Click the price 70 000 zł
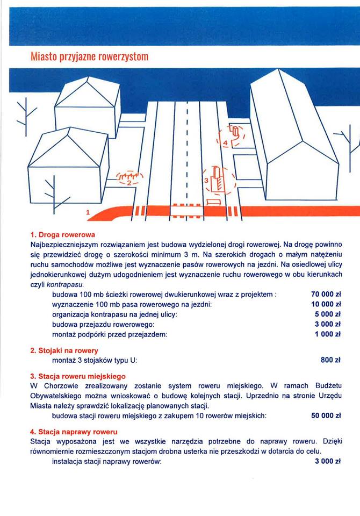326,294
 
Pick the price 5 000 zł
328,314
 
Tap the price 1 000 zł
328,334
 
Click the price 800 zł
331,360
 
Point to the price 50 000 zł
326,415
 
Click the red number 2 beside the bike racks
129,183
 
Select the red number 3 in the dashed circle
206,180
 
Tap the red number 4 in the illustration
226,142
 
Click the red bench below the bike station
213,202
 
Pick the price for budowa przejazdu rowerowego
328,324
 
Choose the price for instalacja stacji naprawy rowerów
328,462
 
